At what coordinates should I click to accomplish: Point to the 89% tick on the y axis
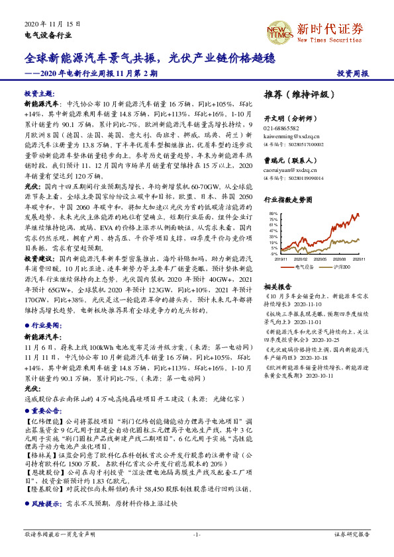(x=273, y=214)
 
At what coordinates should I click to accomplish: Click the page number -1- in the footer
(x=196, y=534)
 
